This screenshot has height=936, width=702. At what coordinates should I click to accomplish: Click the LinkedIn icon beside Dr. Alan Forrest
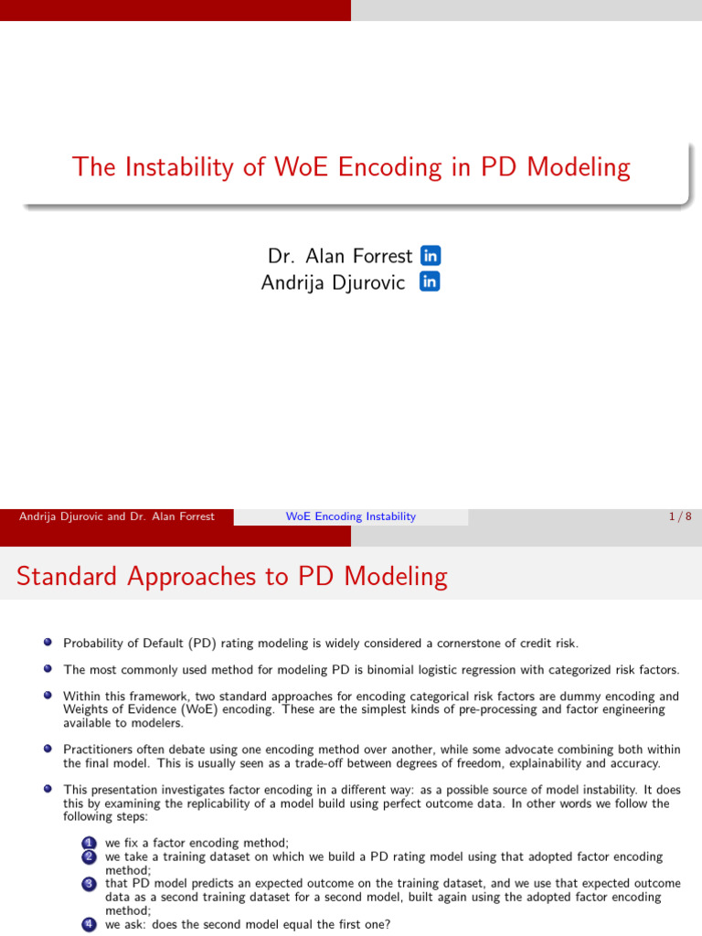point(430,256)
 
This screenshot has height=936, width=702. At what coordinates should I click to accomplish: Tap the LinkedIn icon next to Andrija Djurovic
point(430,282)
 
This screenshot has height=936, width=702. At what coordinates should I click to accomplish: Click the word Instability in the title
point(192,167)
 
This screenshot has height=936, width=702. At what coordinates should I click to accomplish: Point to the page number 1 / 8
point(679,516)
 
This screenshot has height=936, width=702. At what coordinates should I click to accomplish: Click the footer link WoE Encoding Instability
point(350,516)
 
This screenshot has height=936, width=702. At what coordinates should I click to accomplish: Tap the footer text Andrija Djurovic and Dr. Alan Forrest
point(117,516)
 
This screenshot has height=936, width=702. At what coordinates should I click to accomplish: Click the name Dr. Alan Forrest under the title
point(340,257)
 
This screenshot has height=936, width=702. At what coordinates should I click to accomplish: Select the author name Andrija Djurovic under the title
point(333,282)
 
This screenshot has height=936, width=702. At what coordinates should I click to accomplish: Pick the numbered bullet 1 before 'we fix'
point(89,843)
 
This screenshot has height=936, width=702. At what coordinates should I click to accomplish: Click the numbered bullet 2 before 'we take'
point(89,856)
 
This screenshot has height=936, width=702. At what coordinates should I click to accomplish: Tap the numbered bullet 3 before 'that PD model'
point(89,884)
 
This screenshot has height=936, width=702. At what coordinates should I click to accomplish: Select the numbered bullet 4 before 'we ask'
point(89,924)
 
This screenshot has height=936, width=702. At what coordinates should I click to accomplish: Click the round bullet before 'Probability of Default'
point(48,643)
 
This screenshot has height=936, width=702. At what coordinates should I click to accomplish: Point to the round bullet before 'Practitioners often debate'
point(48,749)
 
